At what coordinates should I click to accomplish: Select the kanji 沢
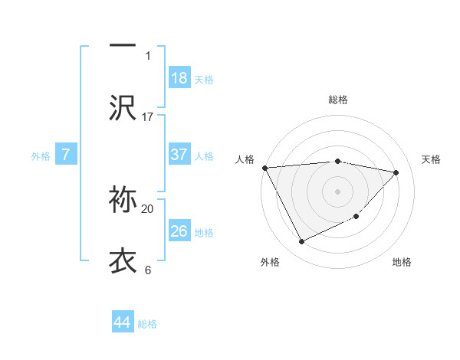[x=123, y=108]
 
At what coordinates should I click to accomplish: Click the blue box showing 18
[x=179, y=77]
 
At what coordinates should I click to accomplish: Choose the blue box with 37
[x=179, y=154]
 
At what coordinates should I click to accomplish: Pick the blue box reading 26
[x=179, y=231]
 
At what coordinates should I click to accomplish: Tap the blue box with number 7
[x=66, y=154]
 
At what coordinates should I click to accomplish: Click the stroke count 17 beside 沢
[x=148, y=116]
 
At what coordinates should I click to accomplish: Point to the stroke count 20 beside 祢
[x=148, y=208]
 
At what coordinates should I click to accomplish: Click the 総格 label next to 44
[x=147, y=324]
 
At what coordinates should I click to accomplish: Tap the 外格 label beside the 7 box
[x=41, y=155]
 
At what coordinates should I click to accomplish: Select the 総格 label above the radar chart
[x=337, y=100]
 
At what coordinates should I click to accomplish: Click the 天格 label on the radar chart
[x=431, y=159]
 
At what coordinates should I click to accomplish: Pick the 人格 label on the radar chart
[x=245, y=159]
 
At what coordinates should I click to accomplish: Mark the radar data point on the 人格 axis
[x=264, y=168]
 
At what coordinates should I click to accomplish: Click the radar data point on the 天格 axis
[x=396, y=172]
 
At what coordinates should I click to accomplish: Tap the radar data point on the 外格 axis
[x=301, y=242]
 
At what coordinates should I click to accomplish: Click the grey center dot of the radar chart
[x=337, y=191]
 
